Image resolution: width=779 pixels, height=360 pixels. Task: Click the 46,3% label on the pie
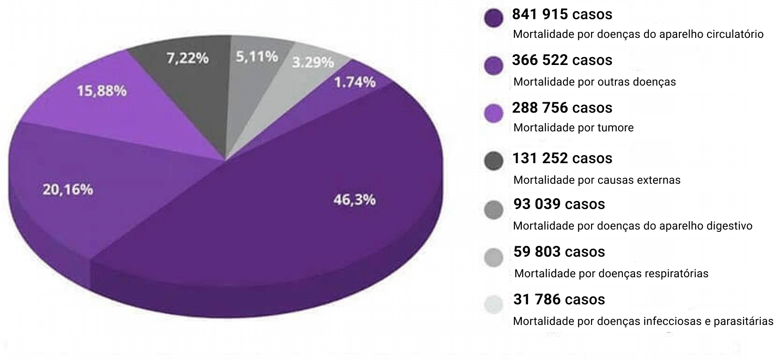pyautogui.click(x=354, y=200)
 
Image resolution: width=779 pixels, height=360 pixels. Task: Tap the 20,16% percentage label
pyautogui.click(x=68, y=190)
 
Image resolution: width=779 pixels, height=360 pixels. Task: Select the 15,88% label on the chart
pyautogui.click(x=101, y=91)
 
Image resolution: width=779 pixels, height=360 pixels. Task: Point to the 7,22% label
pyautogui.click(x=188, y=58)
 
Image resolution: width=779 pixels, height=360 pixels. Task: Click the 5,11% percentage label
pyautogui.click(x=257, y=57)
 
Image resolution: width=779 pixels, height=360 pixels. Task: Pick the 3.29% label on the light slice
pyautogui.click(x=313, y=62)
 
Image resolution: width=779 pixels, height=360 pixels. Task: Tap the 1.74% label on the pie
pyautogui.click(x=355, y=82)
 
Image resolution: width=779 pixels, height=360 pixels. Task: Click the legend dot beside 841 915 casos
pyautogui.click(x=494, y=19)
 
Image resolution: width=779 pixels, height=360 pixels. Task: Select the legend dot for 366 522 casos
pyautogui.click(x=494, y=65)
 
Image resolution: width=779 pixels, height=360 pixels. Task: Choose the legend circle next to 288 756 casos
pyautogui.click(x=494, y=113)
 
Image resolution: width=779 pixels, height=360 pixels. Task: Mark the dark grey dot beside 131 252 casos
pyautogui.click(x=494, y=161)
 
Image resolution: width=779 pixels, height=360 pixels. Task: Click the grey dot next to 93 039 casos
pyautogui.click(x=494, y=209)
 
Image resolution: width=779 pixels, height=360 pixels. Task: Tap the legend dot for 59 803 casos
pyautogui.click(x=494, y=257)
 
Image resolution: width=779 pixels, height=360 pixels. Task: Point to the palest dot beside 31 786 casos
pyautogui.click(x=494, y=305)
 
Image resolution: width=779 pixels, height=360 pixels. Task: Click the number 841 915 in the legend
pyautogui.click(x=540, y=14)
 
